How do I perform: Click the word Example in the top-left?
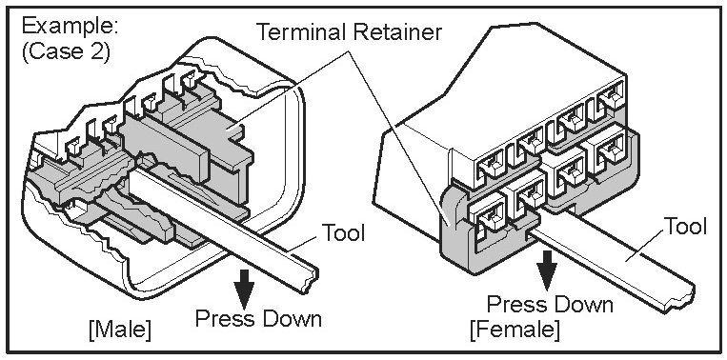coord(70,28)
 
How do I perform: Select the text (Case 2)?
coord(65,52)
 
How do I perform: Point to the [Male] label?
coord(120,330)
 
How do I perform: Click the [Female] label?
coord(515,330)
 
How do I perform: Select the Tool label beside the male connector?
coord(344,232)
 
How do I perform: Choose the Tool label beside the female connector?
coord(686,227)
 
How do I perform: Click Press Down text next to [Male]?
coord(258,319)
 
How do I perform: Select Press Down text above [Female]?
coord(550,305)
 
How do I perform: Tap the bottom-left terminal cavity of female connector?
coord(486,214)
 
